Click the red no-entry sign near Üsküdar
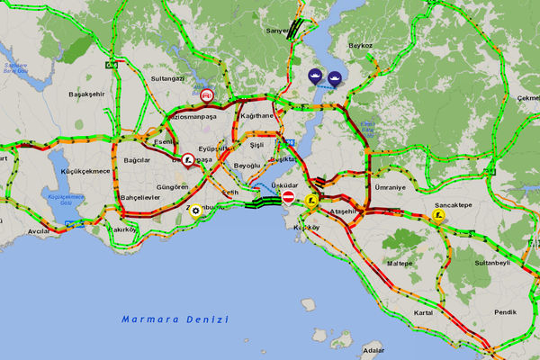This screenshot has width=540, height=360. coord(289,196)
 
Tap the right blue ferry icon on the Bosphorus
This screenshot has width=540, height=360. coord(334,77)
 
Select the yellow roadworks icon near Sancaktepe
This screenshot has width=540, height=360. coord(439,216)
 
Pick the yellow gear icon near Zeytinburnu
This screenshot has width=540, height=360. coord(195,211)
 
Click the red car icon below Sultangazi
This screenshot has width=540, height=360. coord(207,94)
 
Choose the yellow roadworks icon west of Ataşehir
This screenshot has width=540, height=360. coord(311,202)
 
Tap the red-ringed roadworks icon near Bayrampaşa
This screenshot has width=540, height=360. coord(187,159)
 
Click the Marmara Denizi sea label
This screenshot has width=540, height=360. coord(175,319)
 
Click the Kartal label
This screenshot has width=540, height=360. coord(423,312)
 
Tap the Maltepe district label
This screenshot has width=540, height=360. coord(399,264)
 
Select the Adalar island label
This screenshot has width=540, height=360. coord(372,350)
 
